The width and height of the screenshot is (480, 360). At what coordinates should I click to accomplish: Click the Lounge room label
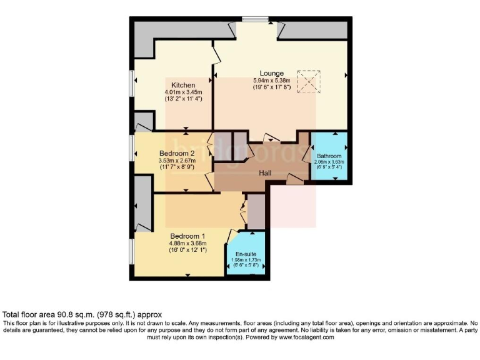272,73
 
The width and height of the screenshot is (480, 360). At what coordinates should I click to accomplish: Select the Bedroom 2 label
177,154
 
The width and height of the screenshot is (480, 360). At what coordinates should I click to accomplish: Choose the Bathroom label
328,156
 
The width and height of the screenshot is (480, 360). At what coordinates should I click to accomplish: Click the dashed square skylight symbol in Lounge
308,82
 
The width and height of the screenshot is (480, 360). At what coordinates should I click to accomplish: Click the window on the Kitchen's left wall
132,84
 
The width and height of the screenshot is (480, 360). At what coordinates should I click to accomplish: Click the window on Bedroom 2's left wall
132,147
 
